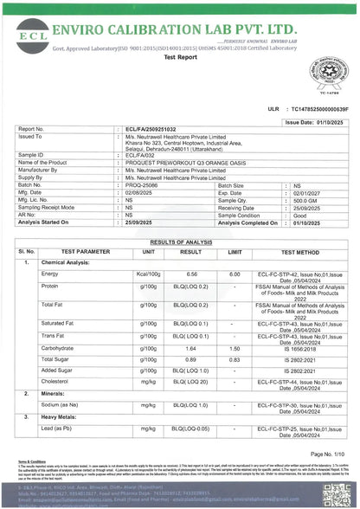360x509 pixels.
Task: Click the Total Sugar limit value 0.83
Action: click(234, 358)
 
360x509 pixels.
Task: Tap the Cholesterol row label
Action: click(56, 380)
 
